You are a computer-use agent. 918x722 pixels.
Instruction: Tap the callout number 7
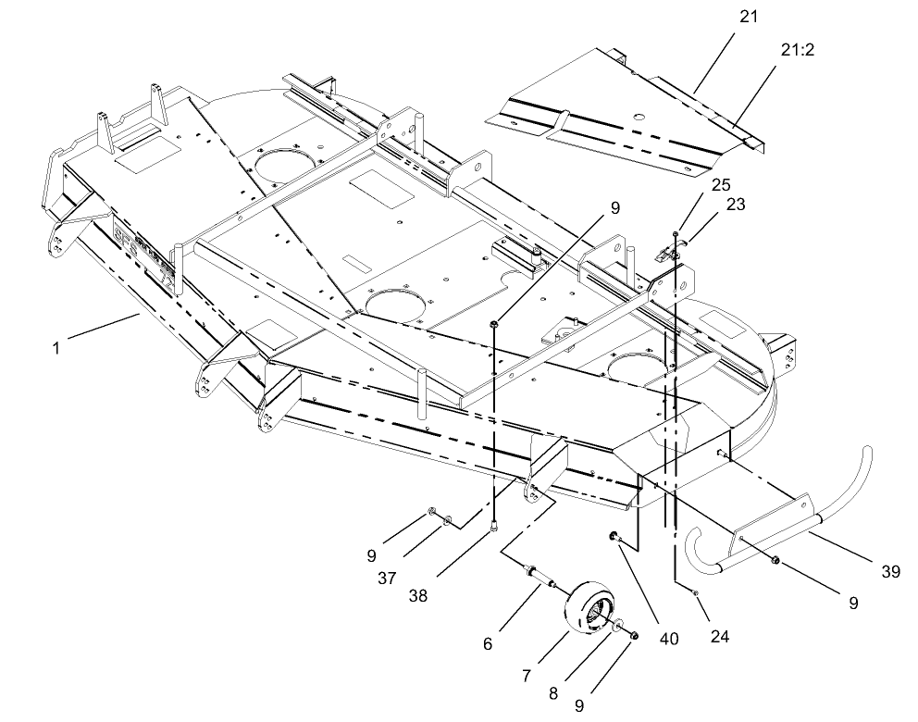coord(526,676)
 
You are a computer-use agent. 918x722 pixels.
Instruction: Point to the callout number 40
coord(667,638)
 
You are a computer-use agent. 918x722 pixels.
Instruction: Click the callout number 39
coord(890,571)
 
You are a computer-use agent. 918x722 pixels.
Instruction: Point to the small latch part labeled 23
coord(663,254)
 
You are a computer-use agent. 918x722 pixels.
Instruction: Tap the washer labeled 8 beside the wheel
coord(617,628)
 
